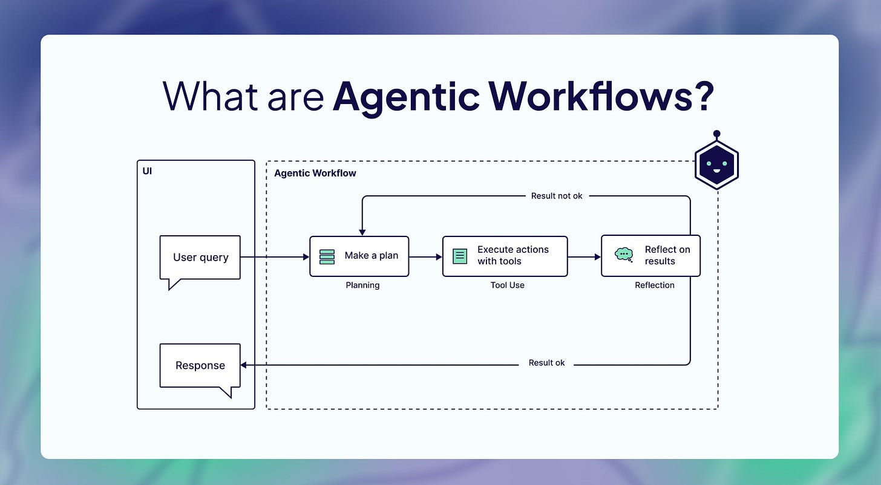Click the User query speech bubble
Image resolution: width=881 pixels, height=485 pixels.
[200, 258]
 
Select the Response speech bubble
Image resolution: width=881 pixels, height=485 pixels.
[200, 365]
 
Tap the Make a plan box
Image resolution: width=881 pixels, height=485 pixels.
[359, 256]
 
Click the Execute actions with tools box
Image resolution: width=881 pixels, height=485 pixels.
[505, 256]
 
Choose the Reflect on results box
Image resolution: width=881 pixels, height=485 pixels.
[650, 256]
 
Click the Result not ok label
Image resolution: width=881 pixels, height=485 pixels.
[557, 196]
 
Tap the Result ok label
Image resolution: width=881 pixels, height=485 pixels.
[546, 363]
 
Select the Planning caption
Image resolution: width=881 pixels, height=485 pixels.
[362, 285]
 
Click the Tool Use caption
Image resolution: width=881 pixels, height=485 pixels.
[507, 285]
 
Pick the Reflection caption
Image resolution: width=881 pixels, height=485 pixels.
[654, 285]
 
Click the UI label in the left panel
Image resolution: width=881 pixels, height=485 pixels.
[147, 171]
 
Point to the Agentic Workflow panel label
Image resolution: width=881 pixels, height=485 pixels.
[315, 174]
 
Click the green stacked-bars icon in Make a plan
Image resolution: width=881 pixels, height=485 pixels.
[327, 256]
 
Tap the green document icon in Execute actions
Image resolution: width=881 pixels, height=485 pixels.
[460, 256]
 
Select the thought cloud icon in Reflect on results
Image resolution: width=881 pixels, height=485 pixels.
[623, 255]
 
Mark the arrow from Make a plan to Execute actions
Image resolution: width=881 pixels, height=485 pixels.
[425, 256]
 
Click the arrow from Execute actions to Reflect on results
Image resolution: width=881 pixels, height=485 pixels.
[584, 256]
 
